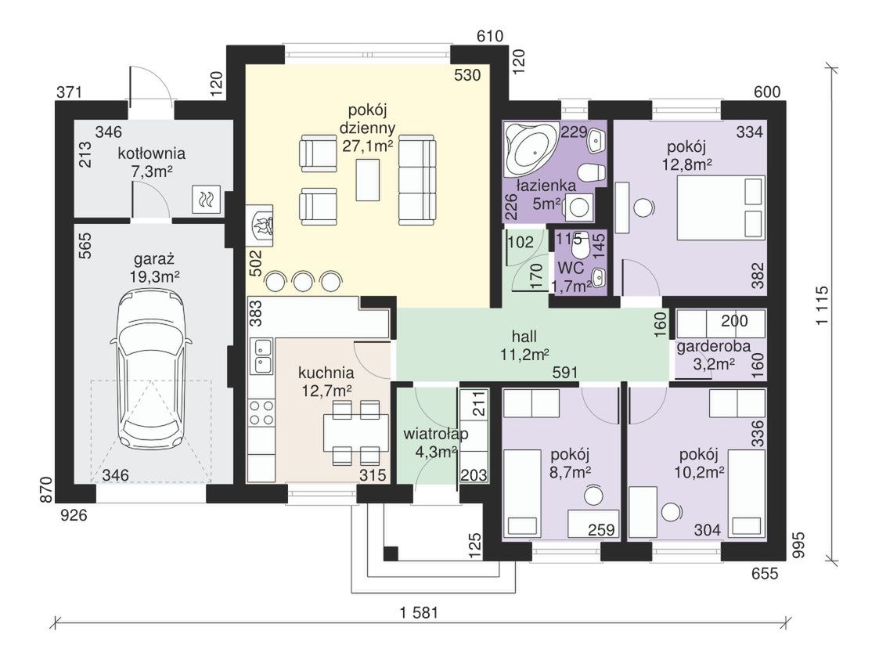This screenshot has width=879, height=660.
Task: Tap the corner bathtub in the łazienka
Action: click(x=531, y=147)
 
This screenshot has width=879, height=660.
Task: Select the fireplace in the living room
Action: click(x=261, y=225)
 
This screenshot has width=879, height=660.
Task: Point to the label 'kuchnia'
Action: click(x=326, y=373)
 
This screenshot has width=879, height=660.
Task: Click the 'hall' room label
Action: click(x=524, y=336)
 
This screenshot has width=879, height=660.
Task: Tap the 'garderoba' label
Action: click(x=714, y=346)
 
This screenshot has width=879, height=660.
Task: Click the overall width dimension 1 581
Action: click(x=420, y=612)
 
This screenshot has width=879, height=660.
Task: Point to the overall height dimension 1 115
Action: click(x=822, y=305)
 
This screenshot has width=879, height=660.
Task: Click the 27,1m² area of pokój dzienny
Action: click(x=367, y=146)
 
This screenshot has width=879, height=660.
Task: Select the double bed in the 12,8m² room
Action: click(x=721, y=207)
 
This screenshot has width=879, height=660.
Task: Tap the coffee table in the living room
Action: click(x=368, y=179)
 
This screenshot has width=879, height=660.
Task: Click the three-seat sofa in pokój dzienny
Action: click(x=417, y=182)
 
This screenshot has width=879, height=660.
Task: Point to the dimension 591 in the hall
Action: click(x=565, y=373)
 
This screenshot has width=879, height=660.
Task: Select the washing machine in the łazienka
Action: click(x=578, y=207)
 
